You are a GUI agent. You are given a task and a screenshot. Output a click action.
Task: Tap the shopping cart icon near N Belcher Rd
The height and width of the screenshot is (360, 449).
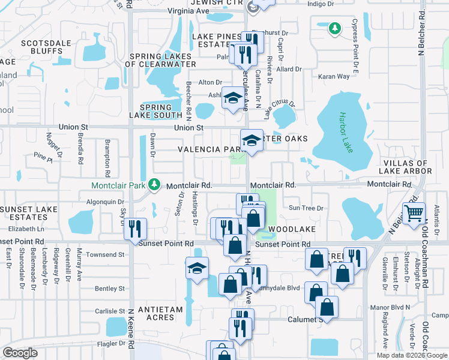tap(414, 213)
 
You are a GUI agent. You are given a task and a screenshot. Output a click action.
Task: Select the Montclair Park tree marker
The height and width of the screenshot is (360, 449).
tap(155, 183)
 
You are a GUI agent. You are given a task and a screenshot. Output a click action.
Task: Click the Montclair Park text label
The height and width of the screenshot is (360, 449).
tap(119, 185)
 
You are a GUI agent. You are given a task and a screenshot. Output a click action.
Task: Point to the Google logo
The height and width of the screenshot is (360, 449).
tap(20, 353)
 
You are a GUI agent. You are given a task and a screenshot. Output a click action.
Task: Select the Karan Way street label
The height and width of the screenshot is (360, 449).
tap(334, 77)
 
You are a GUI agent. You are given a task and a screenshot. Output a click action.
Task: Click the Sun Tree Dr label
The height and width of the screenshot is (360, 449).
tap(306, 208)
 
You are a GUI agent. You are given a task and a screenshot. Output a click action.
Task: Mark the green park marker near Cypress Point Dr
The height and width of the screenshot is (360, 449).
tap(334, 28)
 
